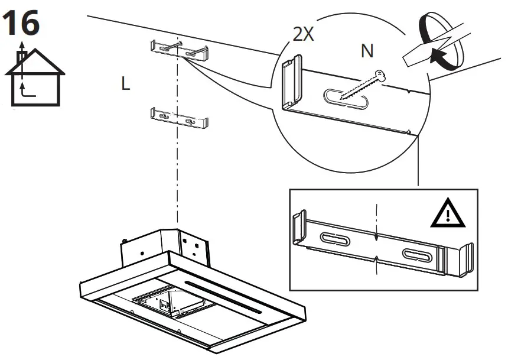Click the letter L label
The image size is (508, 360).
coord(125,85)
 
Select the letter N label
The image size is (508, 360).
coord(367,52)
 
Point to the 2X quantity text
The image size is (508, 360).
coord(303,34)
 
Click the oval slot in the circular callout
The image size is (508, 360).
coord(347,99)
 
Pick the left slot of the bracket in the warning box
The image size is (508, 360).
coord(334,238)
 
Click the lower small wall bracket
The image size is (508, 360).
coord(180,118)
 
